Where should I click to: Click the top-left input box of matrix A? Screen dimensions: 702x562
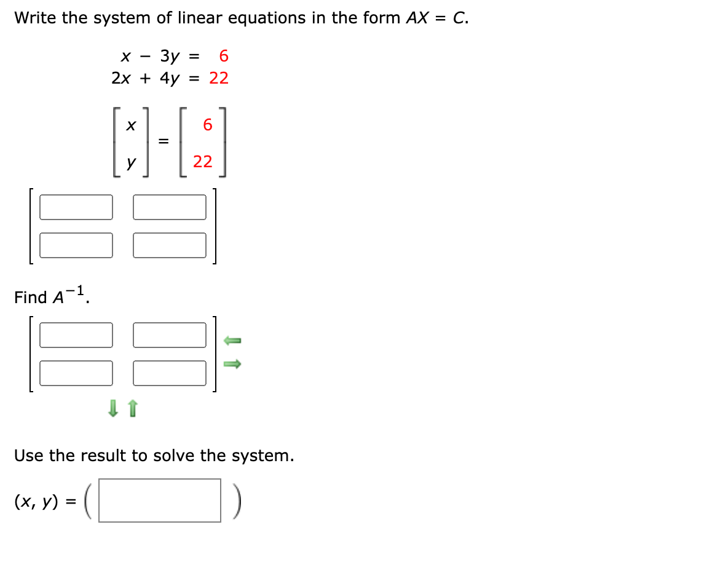[x=76, y=207]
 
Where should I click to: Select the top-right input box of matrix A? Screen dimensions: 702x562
[x=170, y=207]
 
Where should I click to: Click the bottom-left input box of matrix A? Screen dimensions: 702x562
[x=76, y=245]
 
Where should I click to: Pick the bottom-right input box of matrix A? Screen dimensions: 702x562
[x=170, y=245]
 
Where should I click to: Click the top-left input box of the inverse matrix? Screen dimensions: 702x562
[x=76, y=335]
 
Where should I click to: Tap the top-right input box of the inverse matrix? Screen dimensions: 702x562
[x=170, y=335]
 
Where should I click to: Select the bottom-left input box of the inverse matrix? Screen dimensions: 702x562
[x=76, y=373]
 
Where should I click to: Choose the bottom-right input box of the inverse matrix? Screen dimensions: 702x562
[x=170, y=373]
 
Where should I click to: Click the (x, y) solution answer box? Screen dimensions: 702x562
[x=160, y=501]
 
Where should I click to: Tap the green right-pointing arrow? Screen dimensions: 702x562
[x=232, y=364]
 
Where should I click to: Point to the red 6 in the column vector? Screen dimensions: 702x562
[x=207, y=125]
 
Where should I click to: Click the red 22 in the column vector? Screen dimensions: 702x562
[x=202, y=162]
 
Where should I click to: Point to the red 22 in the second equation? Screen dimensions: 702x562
[x=219, y=78]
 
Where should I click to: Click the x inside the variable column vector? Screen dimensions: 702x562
[x=130, y=125]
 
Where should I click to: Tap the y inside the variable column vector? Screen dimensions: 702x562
[x=131, y=163]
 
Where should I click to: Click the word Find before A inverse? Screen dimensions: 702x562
[x=31, y=298]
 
